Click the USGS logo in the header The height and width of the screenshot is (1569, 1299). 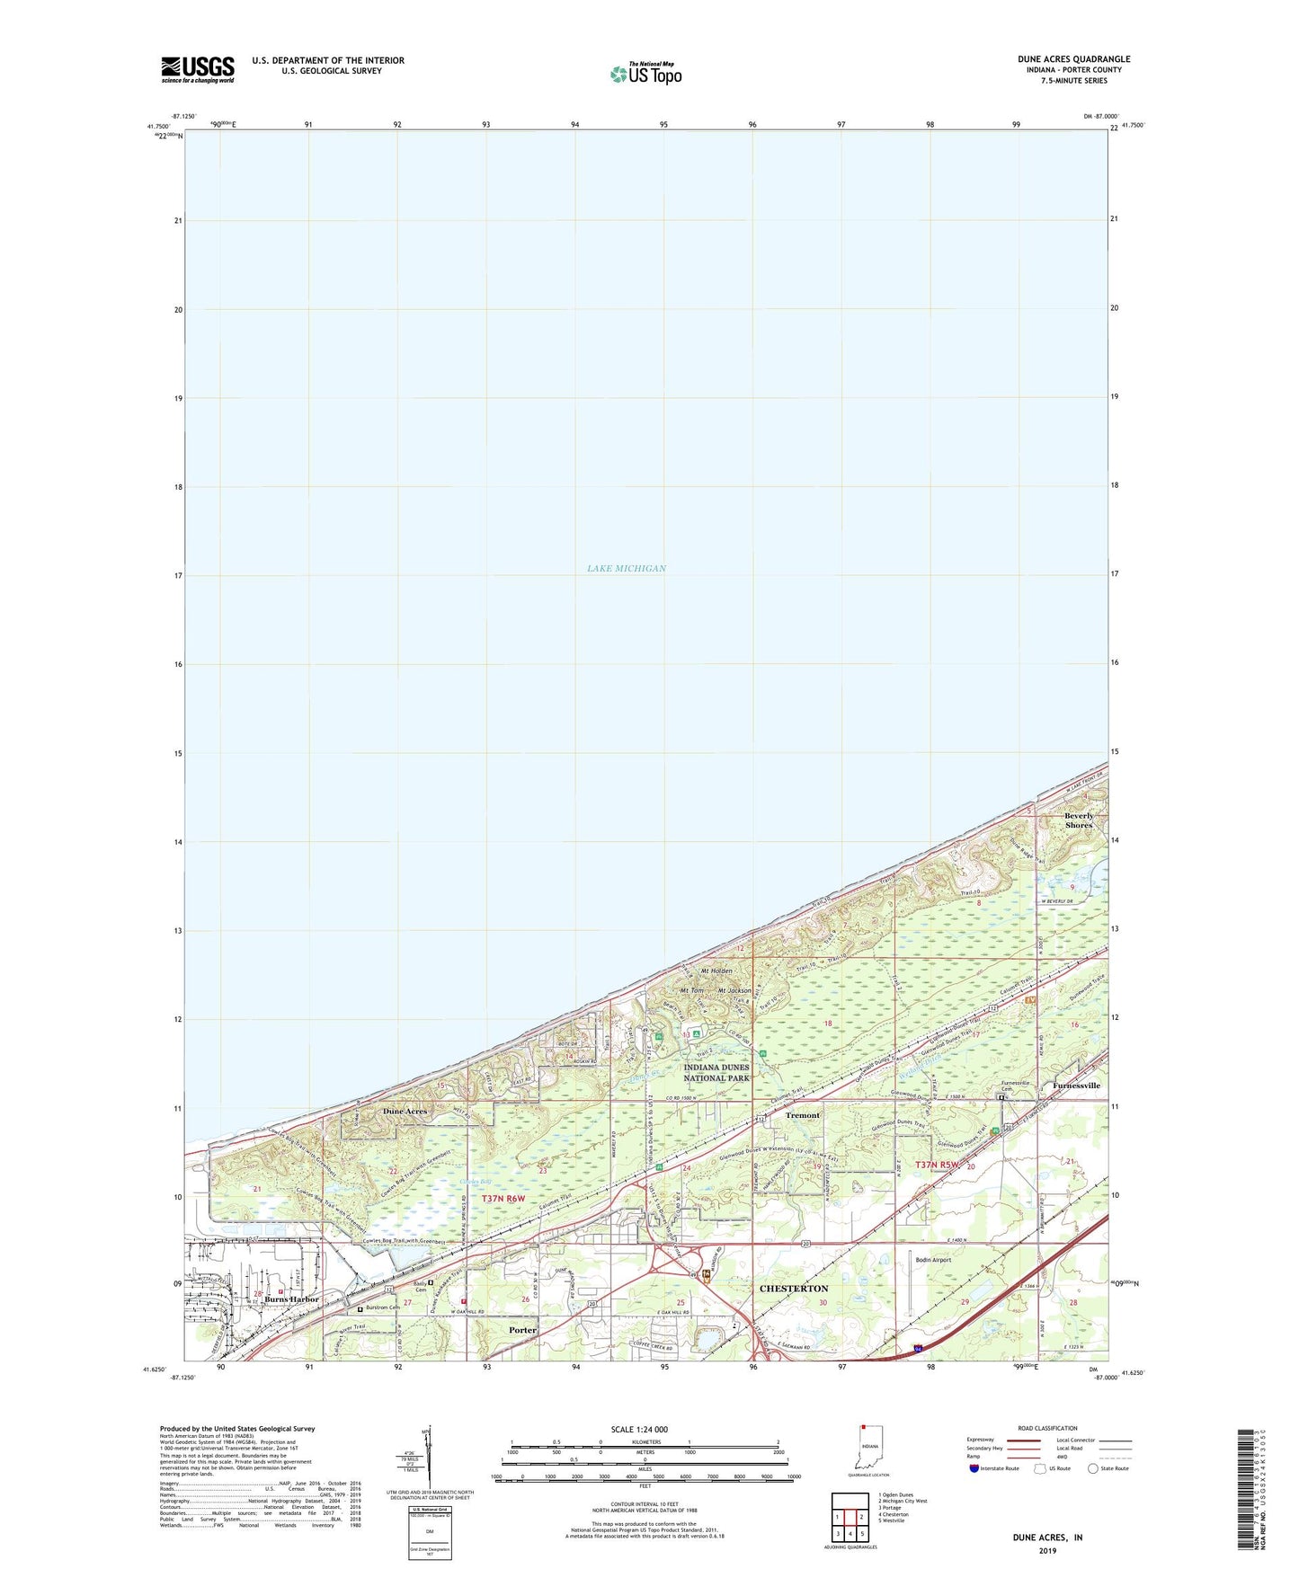pyautogui.click(x=198, y=69)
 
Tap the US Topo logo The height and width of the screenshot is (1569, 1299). pyautogui.click(x=645, y=73)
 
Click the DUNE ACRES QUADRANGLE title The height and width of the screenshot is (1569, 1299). pyautogui.click(x=1073, y=59)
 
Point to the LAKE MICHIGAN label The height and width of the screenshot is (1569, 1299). pyautogui.click(x=627, y=568)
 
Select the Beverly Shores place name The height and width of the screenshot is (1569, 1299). pyautogui.click(x=1079, y=820)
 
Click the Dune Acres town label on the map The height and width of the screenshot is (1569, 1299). pyautogui.click(x=405, y=1112)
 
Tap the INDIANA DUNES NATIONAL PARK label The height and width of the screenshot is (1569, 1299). pyautogui.click(x=716, y=1072)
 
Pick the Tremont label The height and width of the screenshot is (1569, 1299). pyautogui.click(x=803, y=1115)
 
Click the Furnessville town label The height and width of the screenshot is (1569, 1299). pyautogui.click(x=1076, y=1086)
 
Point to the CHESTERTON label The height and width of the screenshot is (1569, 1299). pyautogui.click(x=794, y=1289)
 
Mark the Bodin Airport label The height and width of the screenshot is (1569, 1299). pyautogui.click(x=932, y=1260)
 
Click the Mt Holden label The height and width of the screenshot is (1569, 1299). pyautogui.click(x=716, y=971)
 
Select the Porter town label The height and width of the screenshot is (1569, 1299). pyautogui.click(x=522, y=1330)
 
